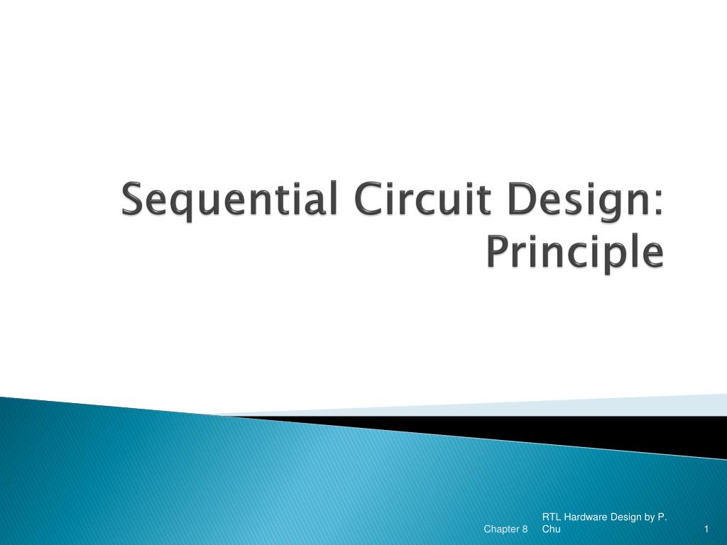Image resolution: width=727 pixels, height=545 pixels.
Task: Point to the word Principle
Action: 575,253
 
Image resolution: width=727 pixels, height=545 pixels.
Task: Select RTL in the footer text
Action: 551,517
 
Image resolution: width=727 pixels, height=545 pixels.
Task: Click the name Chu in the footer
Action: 551,529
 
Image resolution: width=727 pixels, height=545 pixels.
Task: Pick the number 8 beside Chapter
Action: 525,529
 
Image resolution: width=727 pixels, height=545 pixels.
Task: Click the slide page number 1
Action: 707,529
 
